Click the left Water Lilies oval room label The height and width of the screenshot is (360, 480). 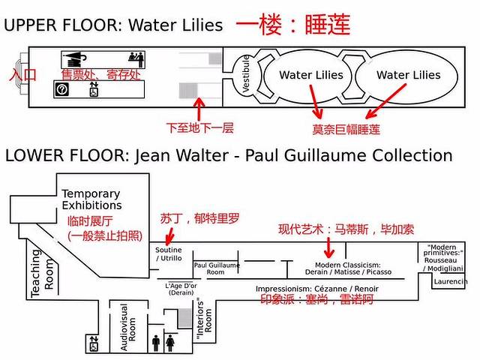(x=310, y=75)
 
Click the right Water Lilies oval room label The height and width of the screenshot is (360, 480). (x=408, y=75)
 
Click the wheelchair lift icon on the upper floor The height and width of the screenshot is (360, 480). (x=94, y=90)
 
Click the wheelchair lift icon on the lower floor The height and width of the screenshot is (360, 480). (x=93, y=344)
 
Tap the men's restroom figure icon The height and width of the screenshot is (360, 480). (x=156, y=341)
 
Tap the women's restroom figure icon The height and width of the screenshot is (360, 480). (x=171, y=341)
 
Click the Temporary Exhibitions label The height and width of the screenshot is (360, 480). (x=91, y=199)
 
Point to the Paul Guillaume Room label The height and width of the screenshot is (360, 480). (x=216, y=268)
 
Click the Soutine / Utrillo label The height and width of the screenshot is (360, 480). (x=168, y=253)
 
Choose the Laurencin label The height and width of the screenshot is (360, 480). (x=450, y=281)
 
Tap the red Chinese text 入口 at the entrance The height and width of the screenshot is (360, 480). (x=22, y=75)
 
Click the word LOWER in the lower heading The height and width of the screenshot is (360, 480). (x=31, y=155)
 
